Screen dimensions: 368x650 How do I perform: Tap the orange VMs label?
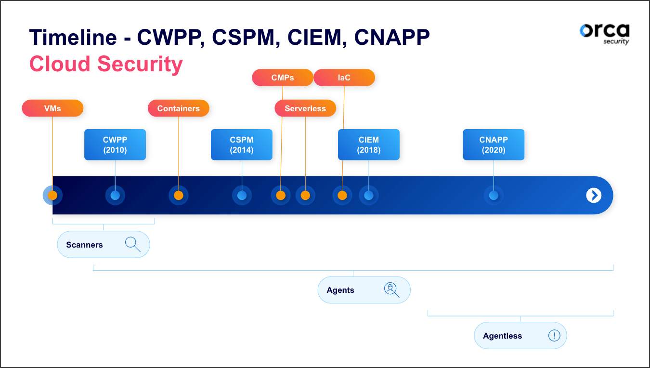[x=52, y=108]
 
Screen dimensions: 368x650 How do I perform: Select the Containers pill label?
[x=178, y=108]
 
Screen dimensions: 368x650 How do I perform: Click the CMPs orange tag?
[x=283, y=78]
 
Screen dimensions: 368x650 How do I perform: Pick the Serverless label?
[x=305, y=108]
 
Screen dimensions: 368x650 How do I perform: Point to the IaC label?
[x=344, y=78]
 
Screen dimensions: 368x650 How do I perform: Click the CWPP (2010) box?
[x=115, y=145]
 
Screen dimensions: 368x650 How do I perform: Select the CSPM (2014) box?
[x=242, y=145]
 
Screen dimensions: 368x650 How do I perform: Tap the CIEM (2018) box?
[x=369, y=145]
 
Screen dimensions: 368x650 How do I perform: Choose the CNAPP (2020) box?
[x=494, y=145]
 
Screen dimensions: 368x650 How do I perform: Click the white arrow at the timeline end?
[x=594, y=195]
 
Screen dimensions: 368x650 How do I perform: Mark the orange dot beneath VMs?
[x=52, y=196]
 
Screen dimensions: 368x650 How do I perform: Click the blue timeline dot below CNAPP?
[x=494, y=196]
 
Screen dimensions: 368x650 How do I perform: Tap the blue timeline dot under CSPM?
[x=242, y=196]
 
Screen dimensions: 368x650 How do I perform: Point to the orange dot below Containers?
[x=178, y=196]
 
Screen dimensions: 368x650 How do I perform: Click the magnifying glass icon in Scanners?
[x=132, y=244]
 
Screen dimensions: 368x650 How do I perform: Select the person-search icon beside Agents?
[x=391, y=289]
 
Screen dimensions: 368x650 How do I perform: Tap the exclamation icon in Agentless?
[x=554, y=335]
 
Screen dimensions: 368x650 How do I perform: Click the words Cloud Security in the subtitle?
[x=106, y=64]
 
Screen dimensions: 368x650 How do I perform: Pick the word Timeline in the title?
[x=73, y=38]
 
